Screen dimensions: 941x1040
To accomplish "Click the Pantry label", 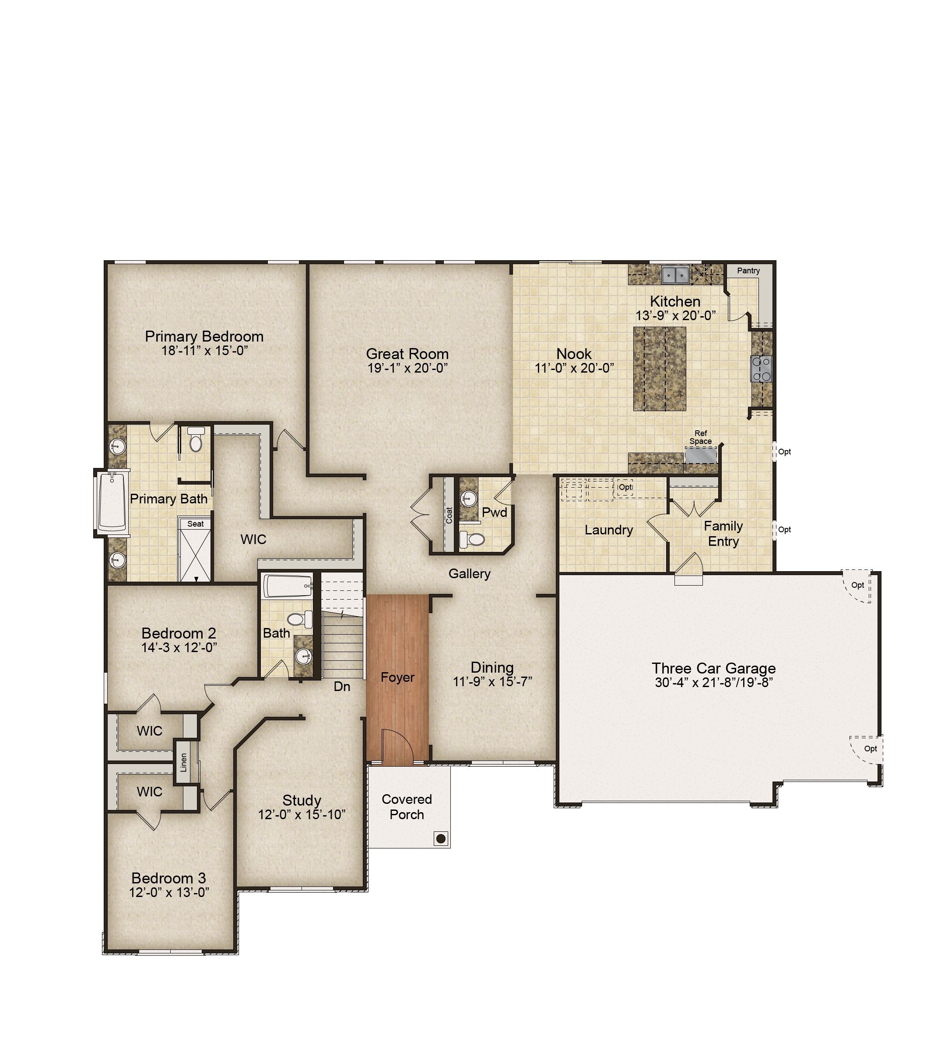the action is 748,271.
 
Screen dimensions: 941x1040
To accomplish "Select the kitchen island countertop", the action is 659,369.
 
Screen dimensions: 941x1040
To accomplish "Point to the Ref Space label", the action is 700,437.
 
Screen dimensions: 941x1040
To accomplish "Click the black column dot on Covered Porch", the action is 440,839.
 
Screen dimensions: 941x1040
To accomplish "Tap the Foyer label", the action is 397,677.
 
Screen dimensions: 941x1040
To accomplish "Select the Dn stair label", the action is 342,686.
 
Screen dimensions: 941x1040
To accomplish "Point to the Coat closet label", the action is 449,515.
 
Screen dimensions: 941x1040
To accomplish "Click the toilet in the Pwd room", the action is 472,540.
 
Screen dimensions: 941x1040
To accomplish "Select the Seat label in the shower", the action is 195,523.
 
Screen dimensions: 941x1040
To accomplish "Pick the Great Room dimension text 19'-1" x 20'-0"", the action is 407,368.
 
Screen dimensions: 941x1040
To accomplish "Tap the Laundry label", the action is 608,530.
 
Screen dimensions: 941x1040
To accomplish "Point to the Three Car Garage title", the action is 713,668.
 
